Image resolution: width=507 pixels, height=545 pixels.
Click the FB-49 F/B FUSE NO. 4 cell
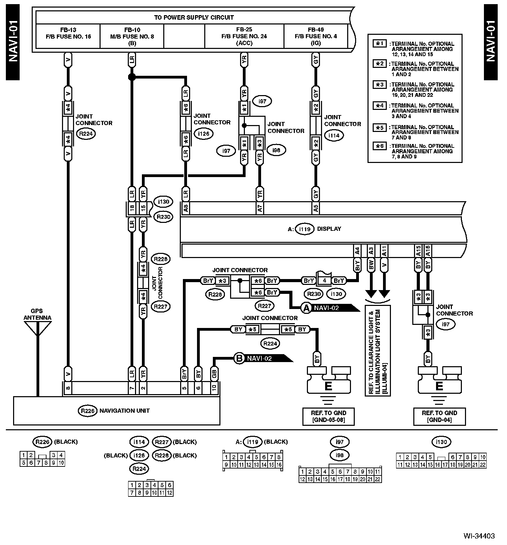click(315, 36)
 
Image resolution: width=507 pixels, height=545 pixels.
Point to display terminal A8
click(186, 208)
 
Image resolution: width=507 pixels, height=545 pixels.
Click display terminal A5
click(316, 208)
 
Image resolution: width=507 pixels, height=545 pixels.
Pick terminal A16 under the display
click(427, 250)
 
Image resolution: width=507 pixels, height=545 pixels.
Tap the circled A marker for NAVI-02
click(306, 308)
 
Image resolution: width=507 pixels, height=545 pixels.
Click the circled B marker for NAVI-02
click(239, 358)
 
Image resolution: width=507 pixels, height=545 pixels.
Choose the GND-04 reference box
click(439, 416)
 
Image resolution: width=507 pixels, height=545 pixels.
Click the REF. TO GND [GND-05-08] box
click(328, 416)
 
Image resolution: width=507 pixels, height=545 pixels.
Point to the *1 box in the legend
click(380, 44)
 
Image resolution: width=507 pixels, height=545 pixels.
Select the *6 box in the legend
click(380, 146)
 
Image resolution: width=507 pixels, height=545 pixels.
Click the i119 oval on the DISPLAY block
click(305, 229)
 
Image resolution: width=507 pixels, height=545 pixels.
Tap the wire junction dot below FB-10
click(131, 77)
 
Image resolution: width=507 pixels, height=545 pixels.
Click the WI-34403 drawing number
click(479, 536)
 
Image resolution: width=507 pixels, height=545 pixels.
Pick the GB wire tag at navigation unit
click(214, 373)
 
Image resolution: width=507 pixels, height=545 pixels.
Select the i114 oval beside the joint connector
click(333, 135)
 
